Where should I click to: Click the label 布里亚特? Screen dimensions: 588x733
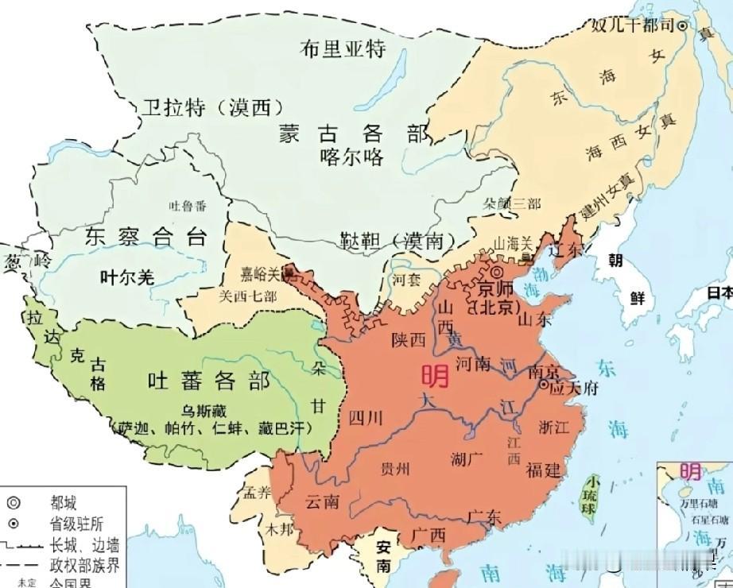pos(343,48)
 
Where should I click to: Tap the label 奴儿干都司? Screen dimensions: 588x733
pos(632,25)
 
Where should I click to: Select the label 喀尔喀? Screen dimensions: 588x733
pos(351,156)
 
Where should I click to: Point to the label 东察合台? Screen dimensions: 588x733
pos(145,237)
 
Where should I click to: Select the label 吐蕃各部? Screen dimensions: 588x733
pos(209,381)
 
